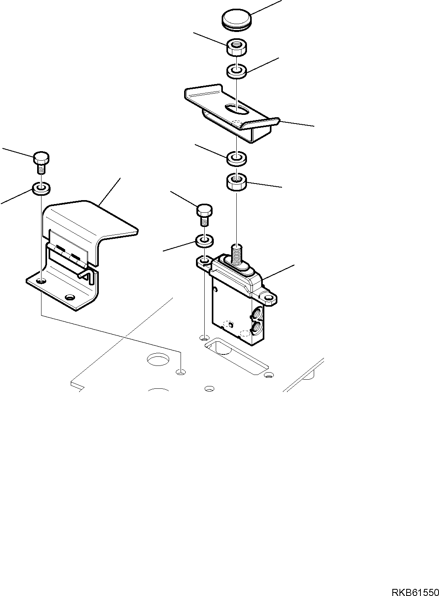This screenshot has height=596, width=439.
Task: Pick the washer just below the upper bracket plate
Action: [x=236, y=159]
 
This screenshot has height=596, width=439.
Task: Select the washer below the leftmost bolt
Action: [x=41, y=188]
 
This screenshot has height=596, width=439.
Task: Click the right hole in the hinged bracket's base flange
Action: [x=70, y=297]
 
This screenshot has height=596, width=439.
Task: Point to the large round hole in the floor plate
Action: [x=158, y=360]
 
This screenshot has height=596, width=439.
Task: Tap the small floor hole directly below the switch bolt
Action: [x=204, y=337]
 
